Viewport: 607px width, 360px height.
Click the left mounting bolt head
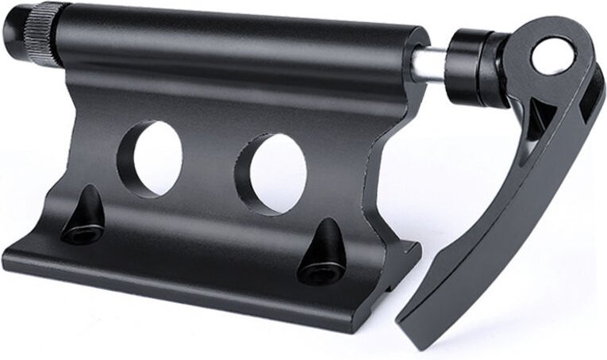(x=83, y=232)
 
